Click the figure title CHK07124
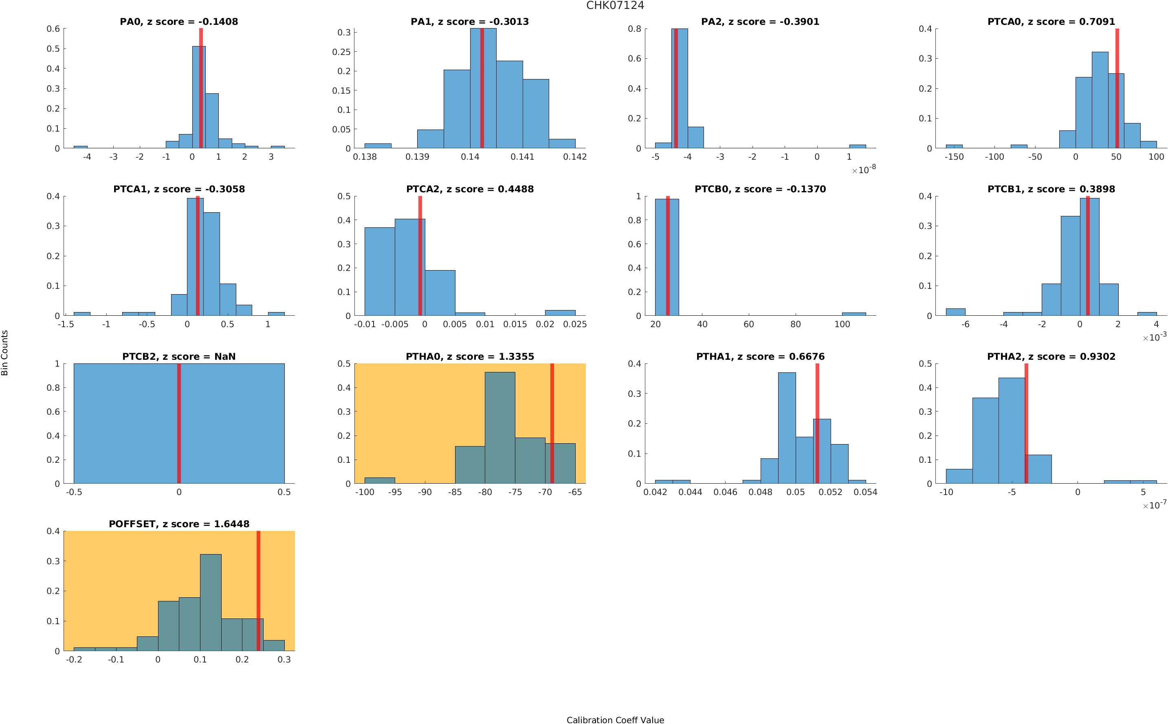615,6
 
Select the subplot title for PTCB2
178,357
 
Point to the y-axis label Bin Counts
5,353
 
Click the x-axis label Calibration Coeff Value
615,720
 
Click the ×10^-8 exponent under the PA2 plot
864,169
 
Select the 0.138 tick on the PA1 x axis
365,157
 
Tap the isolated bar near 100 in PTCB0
853,314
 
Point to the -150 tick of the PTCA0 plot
954,157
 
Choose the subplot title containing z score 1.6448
178,524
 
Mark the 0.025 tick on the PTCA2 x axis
575,325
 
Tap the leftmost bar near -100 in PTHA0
380,480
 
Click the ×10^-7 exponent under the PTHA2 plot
1154,505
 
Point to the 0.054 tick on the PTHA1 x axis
865,492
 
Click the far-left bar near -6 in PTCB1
955,312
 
